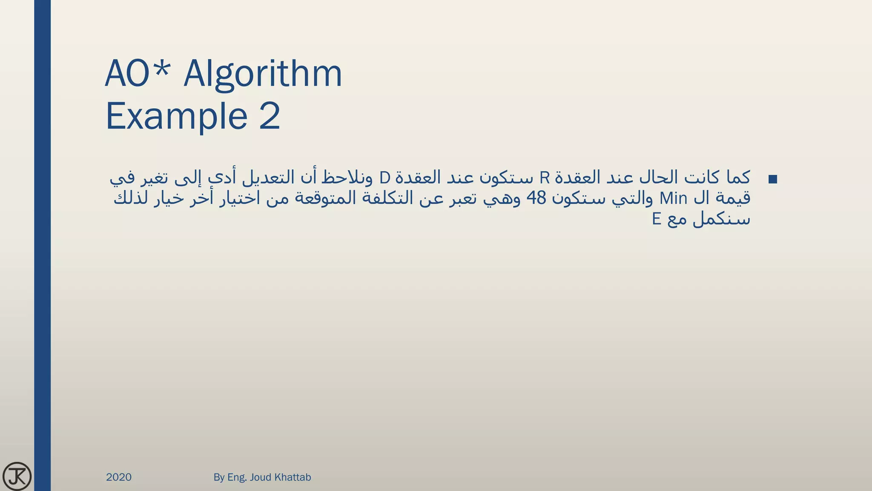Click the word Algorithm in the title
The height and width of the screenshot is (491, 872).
coord(263,74)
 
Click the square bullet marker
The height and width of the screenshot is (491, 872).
coord(772,179)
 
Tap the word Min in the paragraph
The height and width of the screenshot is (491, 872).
coord(673,198)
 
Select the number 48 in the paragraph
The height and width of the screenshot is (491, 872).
coord(536,198)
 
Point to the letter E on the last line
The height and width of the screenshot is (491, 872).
coord(657,219)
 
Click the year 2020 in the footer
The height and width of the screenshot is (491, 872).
coord(119,477)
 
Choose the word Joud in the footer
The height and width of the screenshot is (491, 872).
coord(260,477)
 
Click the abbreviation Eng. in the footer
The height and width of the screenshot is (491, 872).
coord(237,477)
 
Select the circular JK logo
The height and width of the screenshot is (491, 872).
coord(17,476)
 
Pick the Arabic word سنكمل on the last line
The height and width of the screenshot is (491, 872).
coord(721,220)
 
